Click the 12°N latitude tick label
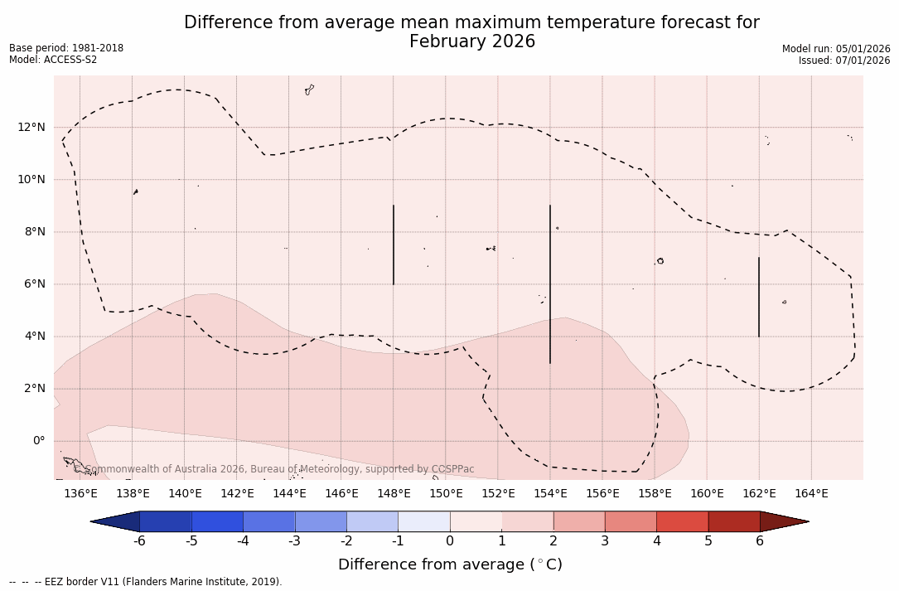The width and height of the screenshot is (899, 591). coord(31,127)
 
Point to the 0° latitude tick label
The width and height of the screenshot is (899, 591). coord(38,441)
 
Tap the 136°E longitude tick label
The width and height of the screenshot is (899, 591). coord(80,494)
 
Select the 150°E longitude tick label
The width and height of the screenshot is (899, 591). coord(446,494)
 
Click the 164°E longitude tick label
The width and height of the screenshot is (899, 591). coord(811,494)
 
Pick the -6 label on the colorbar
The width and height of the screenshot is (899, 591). coord(139,541)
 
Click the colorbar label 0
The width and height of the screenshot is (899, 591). coord(450,541)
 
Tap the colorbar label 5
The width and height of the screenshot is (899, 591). coord(708,541)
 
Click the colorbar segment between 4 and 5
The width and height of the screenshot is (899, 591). coord(682,521)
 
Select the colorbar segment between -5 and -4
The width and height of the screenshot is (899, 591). coord(217,521)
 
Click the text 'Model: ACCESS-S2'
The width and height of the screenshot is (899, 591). coord(53,60)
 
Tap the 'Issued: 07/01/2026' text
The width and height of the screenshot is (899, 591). coord(844,61)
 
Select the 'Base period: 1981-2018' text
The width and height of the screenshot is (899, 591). coord(66,48)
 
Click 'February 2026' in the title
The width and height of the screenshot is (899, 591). coord(472,41)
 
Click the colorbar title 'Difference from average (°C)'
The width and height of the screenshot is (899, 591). coord(450,564)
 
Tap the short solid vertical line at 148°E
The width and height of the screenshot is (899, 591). coord(394,245)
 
